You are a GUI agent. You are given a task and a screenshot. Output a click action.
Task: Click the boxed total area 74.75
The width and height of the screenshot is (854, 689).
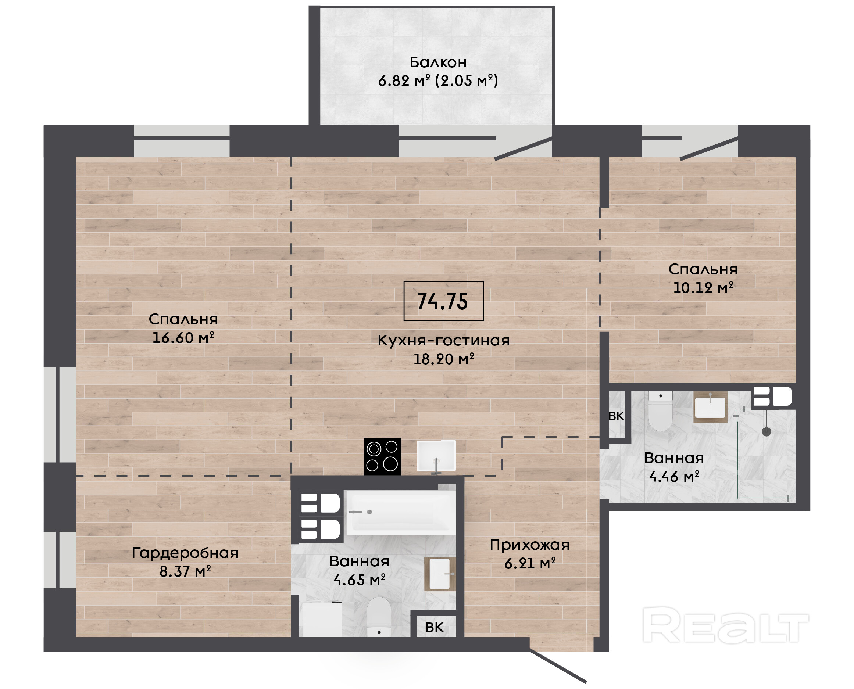click(443, 301)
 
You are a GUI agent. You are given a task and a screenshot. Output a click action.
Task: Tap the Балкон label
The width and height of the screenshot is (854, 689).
click(438, 62)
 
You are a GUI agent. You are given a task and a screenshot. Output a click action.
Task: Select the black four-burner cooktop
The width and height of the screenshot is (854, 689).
click(382, 456)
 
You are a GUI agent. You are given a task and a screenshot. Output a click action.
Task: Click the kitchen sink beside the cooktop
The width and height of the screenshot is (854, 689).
click(436, 456)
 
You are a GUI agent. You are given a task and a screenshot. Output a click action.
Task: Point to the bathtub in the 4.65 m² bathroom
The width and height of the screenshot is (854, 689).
click(401, 512)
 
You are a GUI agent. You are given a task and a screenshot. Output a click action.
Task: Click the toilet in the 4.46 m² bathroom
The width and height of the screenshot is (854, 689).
click(660, 410)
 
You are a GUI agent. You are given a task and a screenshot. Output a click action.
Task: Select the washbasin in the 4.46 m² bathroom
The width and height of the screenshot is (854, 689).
click(710, 407)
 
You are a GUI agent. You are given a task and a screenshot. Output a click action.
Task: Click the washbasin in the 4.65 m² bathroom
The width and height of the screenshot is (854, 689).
click(440, 574)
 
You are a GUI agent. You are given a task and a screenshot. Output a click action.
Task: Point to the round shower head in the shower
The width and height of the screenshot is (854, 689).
click(766, 432)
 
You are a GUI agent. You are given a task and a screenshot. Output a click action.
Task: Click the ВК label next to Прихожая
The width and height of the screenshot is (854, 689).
click(434, 628)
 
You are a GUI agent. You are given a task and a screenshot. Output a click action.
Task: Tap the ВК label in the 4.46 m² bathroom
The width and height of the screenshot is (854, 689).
click(616, 416)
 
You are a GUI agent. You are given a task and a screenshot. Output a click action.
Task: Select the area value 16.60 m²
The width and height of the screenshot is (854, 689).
click(183, 338)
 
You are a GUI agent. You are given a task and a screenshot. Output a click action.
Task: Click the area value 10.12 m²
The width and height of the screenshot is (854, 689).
click(703, 288)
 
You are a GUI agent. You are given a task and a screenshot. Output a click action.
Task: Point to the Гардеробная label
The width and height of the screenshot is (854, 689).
click(185, 553)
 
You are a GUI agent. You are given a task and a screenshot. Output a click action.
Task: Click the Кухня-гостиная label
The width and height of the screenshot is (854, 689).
click(443, 341)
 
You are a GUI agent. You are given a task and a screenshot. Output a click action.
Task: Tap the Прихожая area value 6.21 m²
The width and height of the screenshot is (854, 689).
click(530, 563)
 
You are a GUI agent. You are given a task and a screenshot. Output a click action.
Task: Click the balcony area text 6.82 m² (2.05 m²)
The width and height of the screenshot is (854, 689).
click(438, 81)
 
